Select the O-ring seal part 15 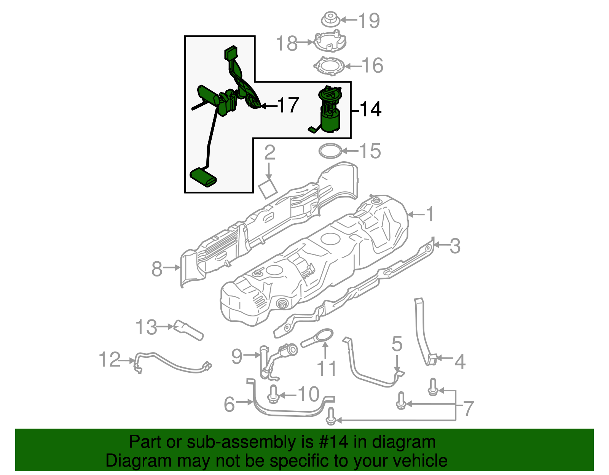(x=330, y=151)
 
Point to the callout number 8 (x=157, y=268)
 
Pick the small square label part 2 (x=268, y=189)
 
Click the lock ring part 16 (x=329, y=66)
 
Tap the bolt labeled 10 (x=273, y=394)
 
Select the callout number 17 (x=288, y=105)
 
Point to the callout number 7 (x=468, y=408)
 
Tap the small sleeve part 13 (x=188, y=330)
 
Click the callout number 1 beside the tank (x=430, y=214)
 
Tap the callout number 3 (x=455, y=246)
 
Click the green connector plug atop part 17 (x=230, y=53)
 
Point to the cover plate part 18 (x=330, y=41)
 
